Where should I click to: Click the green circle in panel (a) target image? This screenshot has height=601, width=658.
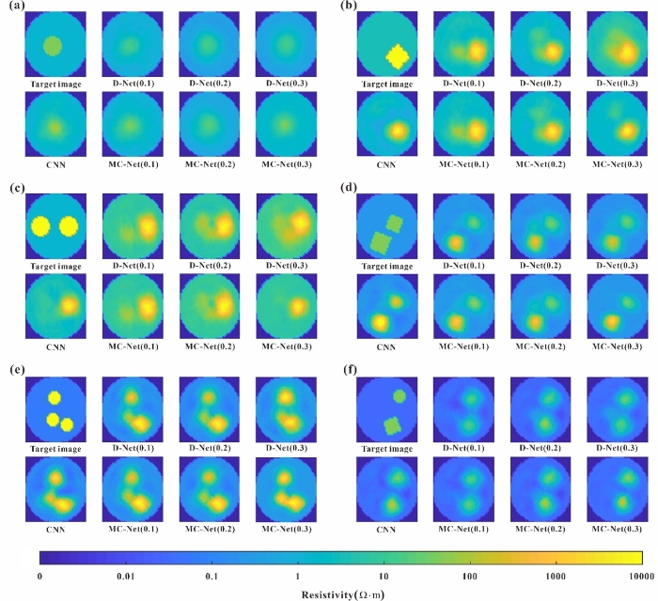pos(53,44)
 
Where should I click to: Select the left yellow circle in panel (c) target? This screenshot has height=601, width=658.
pos(39,226)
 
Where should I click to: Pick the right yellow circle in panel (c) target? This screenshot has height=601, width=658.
pos(68,226)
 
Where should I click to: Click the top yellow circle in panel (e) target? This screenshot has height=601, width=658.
pos(54,399)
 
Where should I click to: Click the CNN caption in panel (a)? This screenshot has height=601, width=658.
pos(53,163)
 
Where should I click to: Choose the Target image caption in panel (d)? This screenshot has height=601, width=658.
pos(386,265)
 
